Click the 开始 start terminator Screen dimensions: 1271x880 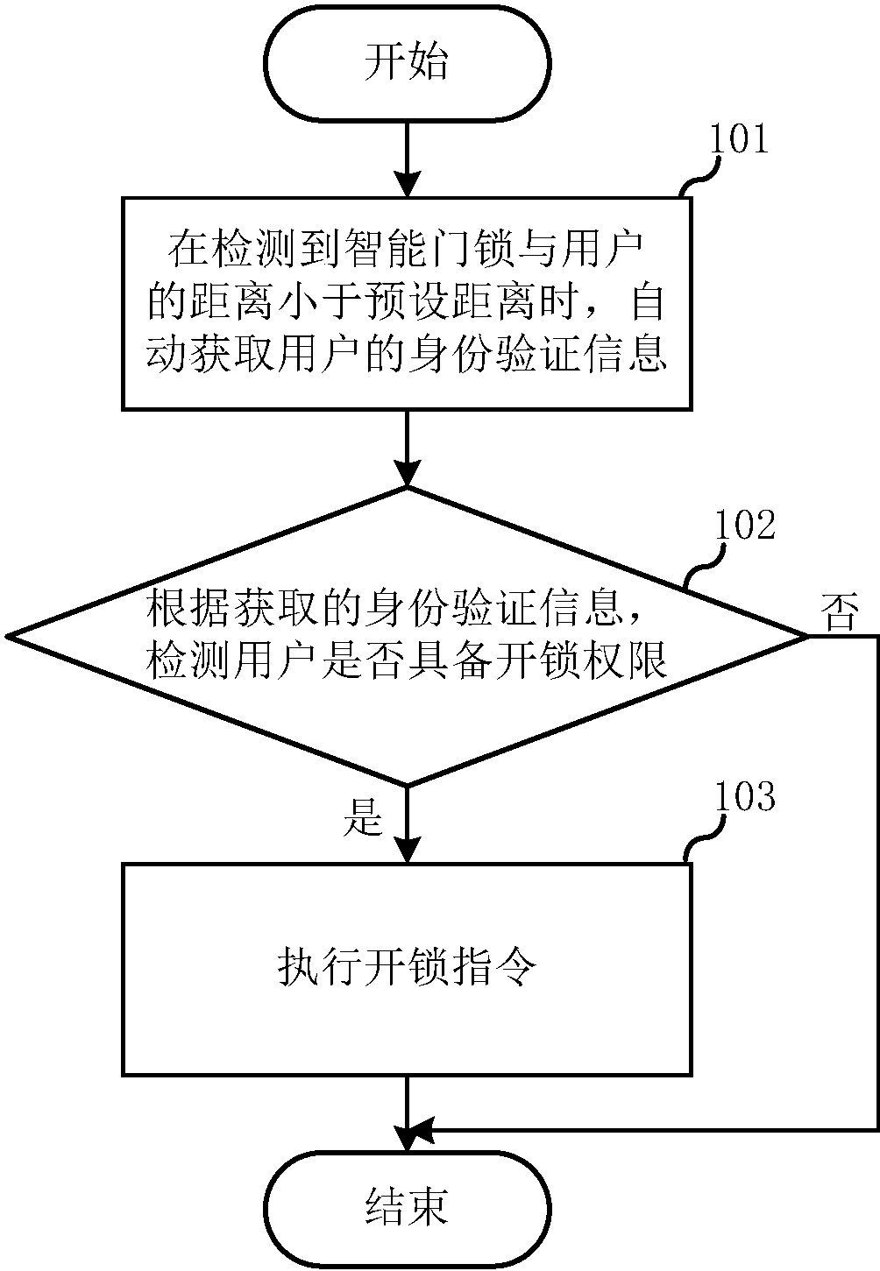click(x=407, y=65)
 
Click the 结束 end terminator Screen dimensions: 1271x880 click(x=407, y=1208)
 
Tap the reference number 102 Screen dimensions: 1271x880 click(x=745, y=526)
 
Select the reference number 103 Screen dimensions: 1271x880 click(x=745, y=798)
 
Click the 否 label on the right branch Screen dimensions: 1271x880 click(x=839, y=612)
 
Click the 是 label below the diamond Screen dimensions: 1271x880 click(x=363, y=821)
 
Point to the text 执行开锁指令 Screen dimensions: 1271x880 click(x=406, y=969)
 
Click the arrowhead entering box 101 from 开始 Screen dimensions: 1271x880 click(x=407, y=186)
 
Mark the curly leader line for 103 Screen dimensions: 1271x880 click(x=703, y=841)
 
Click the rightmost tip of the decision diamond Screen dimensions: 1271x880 click(x=806, y=635)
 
